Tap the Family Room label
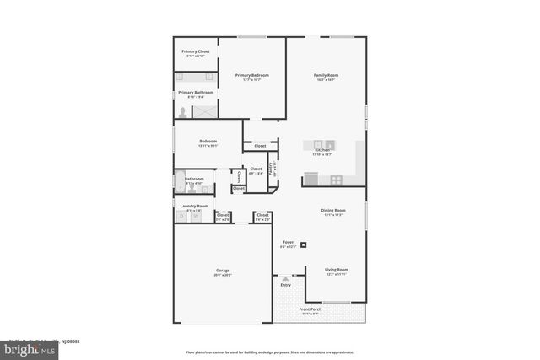pyautogui.click(x=325, y=76)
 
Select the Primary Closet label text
pyautogui.click(x=196, y=51)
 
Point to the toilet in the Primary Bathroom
pyautogui.click(x=182, y=110)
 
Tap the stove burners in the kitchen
pyautogui.click(x=337, y=179)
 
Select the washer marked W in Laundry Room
pyautogui.click(x=196, y=217)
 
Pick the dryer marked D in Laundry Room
pyautogui.click(x=181, y=217)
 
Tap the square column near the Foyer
pyautogui.click(x=305, y=246)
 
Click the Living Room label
pyautogui.click(x=337, y=270)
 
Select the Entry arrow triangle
pyautogui.click(x=285, y=278)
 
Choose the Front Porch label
pyautogui.click(x=310, y=309)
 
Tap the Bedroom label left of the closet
pyautogui.click(x=208, y=141)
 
